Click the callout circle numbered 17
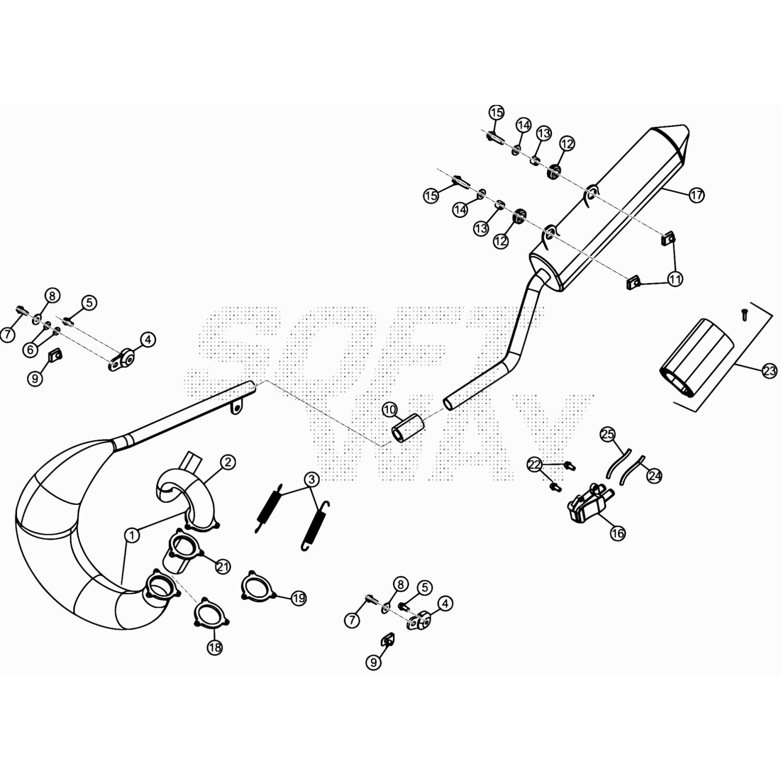coord(697,195)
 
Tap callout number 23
coord(769,371)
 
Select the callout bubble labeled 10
coord(390,410)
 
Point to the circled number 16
coord(617,533)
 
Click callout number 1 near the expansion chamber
coord(132,535)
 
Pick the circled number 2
coord(228,462)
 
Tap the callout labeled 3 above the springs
coord(312,479)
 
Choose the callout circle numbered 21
coord(223,567)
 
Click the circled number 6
coord(30,349)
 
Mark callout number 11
coord(675,279)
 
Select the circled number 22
coord(535,464)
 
